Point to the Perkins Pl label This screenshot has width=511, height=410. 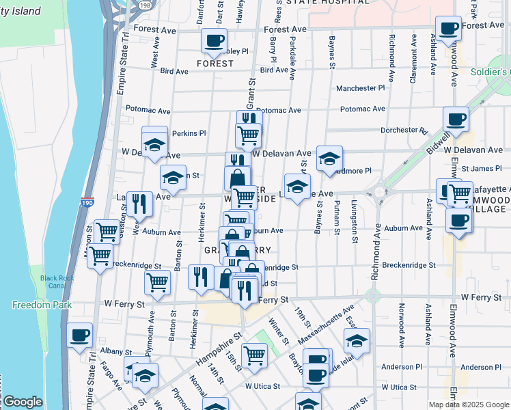(x=189, y=133)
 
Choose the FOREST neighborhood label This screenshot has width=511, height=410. (x=215, y=64)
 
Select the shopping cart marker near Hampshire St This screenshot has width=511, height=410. (x=254, y=355)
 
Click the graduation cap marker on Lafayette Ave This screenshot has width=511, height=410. (x=296, y=186)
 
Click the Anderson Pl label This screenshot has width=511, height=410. (x=403, y=368)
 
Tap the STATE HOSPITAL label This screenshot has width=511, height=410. (x=327, y=3)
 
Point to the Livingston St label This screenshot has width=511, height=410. (x=355, y=221)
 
